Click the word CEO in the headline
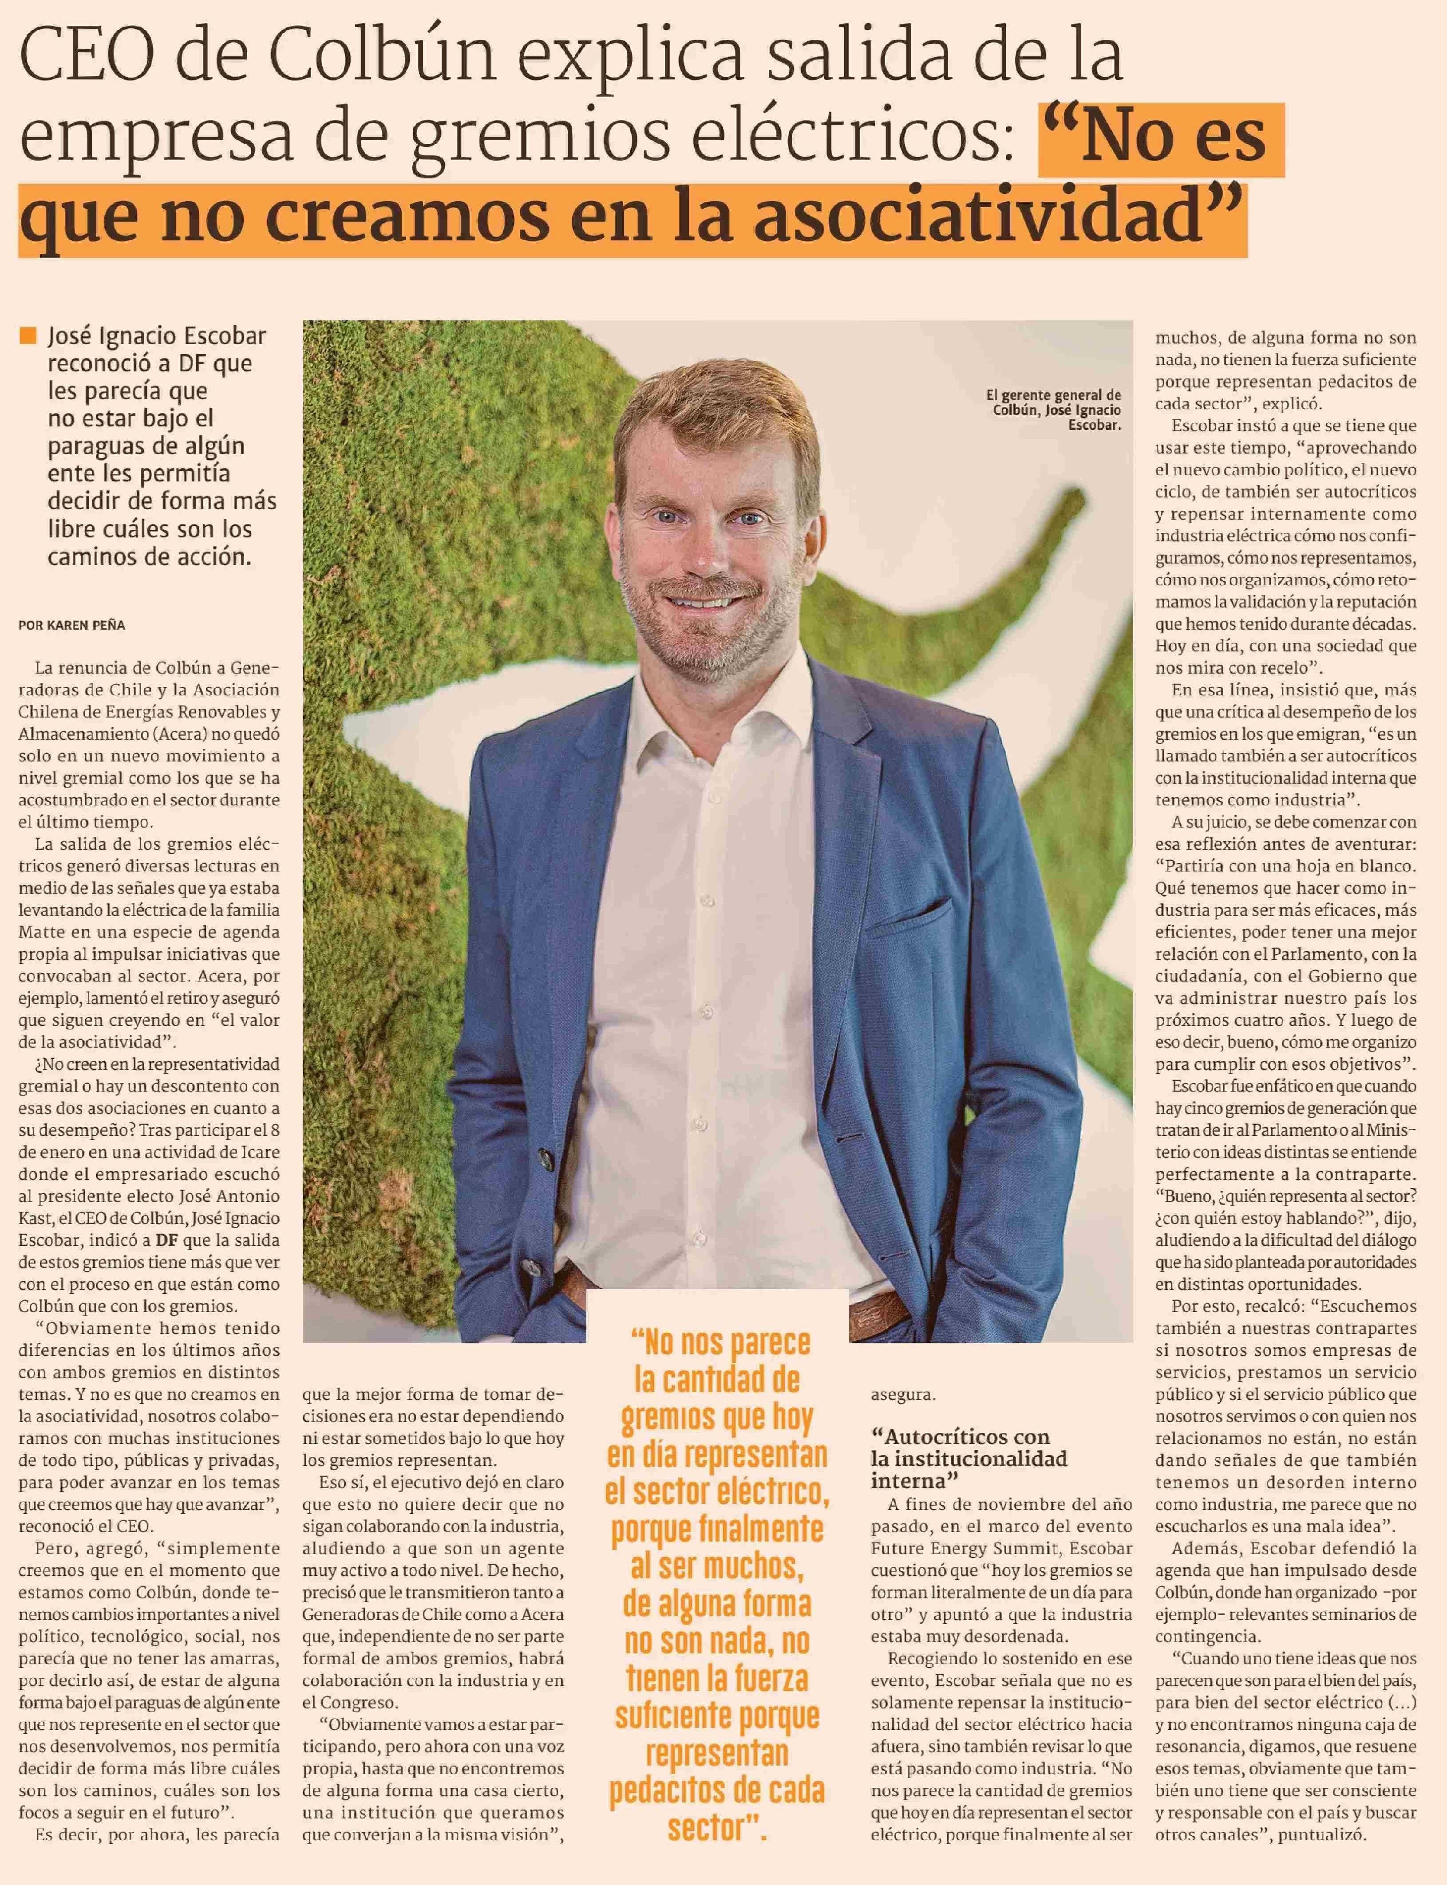tap(86, 60)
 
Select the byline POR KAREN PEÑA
tap(71, 625)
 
